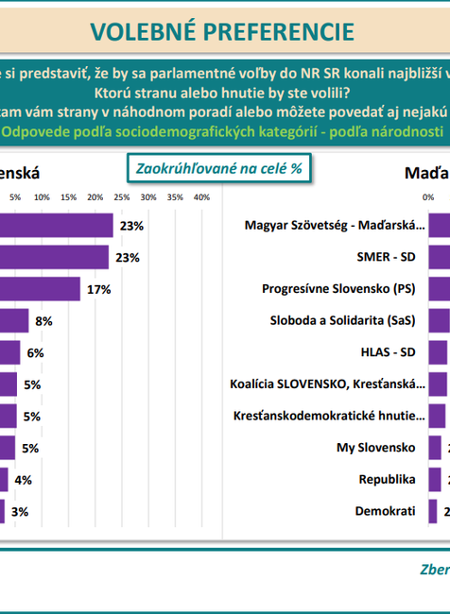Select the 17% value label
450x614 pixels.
point(99,289)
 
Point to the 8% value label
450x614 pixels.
point(43,321)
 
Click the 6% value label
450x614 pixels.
point(35,352)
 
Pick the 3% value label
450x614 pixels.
point(20,511)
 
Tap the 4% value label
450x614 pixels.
point(24,480)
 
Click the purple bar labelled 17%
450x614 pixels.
point(40,289)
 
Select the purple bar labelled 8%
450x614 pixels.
point(14,321)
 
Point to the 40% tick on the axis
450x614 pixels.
point(201,196)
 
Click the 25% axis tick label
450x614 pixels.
point(122,196)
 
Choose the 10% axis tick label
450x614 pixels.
point(43,196)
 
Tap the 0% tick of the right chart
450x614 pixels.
point(428,196)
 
